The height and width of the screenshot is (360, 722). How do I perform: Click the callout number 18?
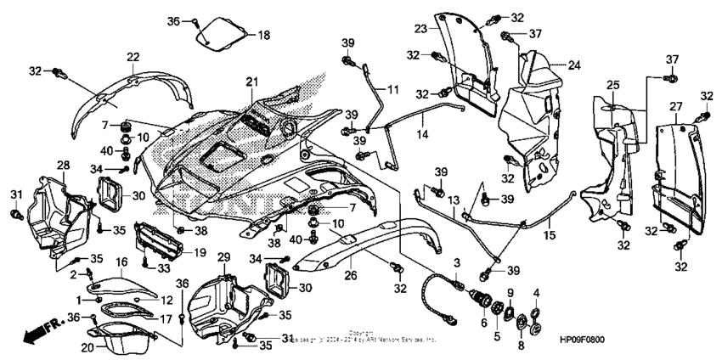coord(263,35)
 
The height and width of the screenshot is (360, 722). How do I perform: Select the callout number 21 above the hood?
coord(251,81)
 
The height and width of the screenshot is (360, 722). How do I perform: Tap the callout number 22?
coord(133,57)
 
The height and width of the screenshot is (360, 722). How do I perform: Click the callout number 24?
coord(573,65)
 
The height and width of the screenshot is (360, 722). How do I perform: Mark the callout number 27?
coord(675,106)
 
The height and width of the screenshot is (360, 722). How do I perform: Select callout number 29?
coord(223,256)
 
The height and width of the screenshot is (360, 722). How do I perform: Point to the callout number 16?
coord(121,262)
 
